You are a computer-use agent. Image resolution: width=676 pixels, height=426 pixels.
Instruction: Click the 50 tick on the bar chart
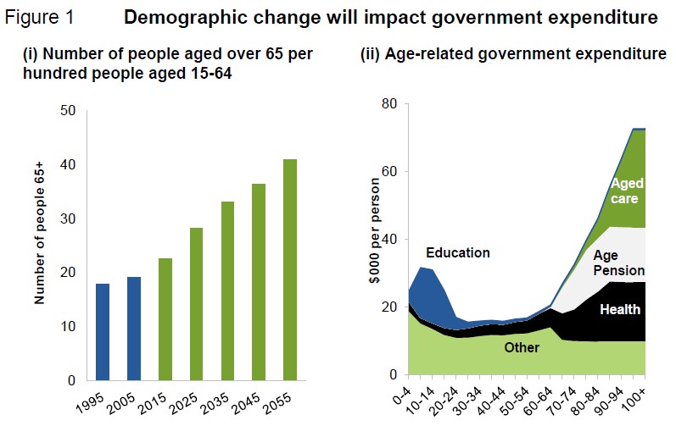69,111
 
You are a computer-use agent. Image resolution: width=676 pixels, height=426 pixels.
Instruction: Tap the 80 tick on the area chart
389,104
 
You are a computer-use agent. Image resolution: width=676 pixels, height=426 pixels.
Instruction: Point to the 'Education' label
458,252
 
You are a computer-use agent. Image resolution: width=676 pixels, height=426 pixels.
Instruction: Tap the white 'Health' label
620,309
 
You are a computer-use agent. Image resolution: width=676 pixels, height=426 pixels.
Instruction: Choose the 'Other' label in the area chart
521,348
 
